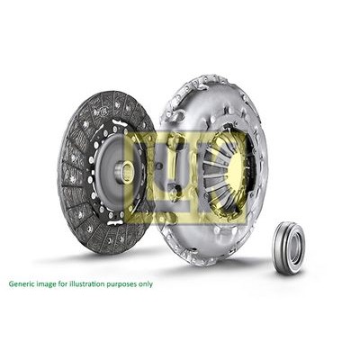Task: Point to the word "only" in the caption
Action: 144,283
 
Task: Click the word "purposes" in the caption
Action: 123,283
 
